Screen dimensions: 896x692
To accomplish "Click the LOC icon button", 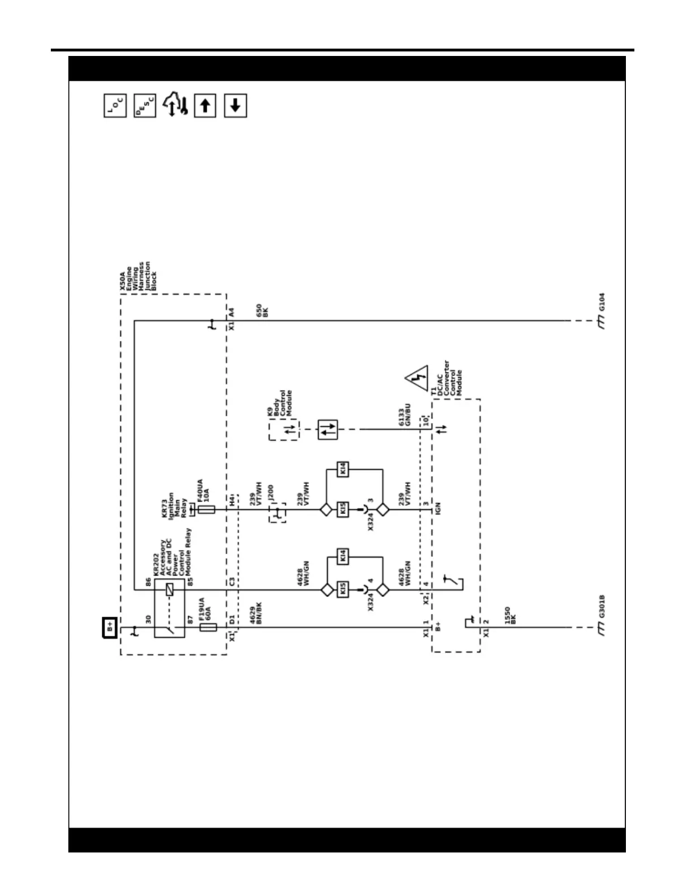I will (x=115, y=106).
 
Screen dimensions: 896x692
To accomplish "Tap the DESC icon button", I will (x=145, y=106).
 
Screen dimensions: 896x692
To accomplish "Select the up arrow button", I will (x=205, y=106).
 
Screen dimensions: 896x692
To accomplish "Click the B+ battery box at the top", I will (x=110, y=627).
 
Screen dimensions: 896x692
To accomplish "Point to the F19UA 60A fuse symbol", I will (x=208, y=627).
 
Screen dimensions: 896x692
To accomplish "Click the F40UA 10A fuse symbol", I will (x=206, y=509).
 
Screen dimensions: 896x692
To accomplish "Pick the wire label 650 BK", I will (x=263, y=310).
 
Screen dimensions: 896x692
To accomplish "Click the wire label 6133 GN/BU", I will (x=404, y=414).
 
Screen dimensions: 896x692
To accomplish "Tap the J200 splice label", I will (x=270, y=493).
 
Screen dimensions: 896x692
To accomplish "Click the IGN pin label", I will (x=438, y=508).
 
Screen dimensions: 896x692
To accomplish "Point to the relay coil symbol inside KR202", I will (x=169, y=590).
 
